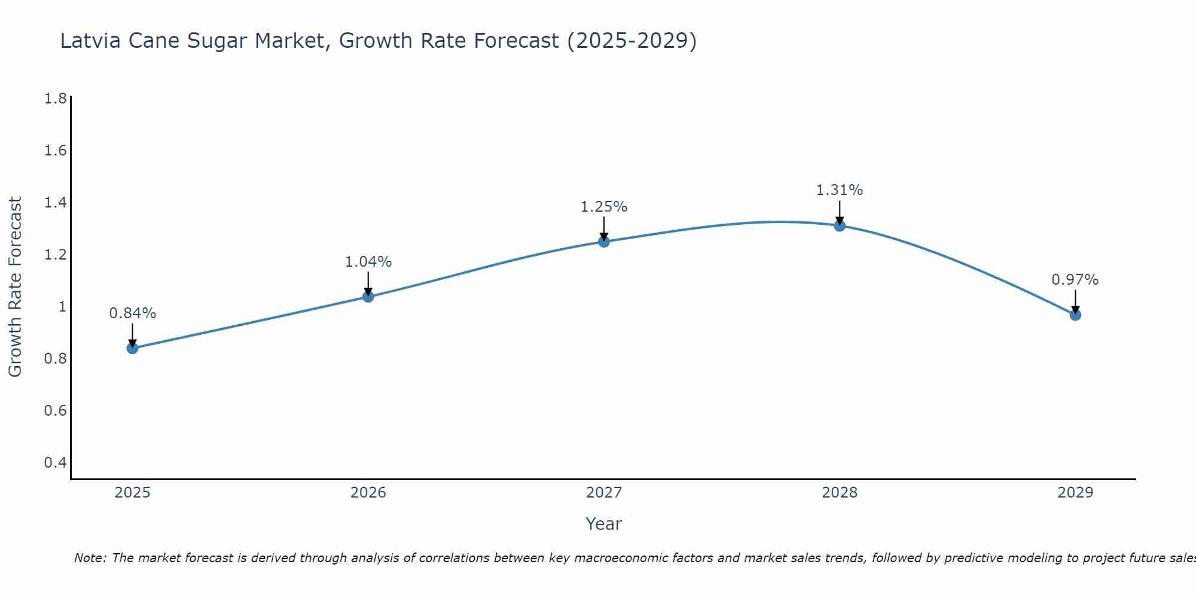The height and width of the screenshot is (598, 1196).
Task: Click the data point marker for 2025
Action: [133, 348]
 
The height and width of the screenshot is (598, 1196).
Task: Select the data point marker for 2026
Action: [368, 297]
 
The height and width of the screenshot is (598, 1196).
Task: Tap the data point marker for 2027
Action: [604, 242]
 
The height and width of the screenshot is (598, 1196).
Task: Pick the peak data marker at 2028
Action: [840, 225]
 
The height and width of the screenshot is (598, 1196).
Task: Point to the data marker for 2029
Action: [1075, 315]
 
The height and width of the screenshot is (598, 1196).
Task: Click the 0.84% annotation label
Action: [133, 313]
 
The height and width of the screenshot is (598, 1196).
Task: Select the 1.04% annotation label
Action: [368, 261]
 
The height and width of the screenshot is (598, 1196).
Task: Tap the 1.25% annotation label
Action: [604, 207]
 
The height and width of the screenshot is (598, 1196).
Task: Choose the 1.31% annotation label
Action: [840, 190]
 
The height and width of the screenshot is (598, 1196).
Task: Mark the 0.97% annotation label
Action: [1075, 279]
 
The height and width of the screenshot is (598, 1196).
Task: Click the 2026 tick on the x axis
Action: [368, 493]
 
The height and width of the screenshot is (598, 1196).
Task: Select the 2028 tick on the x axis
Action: [840, 493]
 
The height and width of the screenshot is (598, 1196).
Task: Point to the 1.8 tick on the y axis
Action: [56, 99]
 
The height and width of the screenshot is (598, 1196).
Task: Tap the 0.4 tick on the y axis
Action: [56, 462]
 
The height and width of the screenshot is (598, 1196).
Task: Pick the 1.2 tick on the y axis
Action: [56, 255]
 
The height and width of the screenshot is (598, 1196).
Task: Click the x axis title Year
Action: [604, 524]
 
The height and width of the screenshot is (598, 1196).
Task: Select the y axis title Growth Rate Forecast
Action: [16, 287]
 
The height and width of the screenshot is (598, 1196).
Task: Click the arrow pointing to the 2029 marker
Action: [1075, 302]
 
